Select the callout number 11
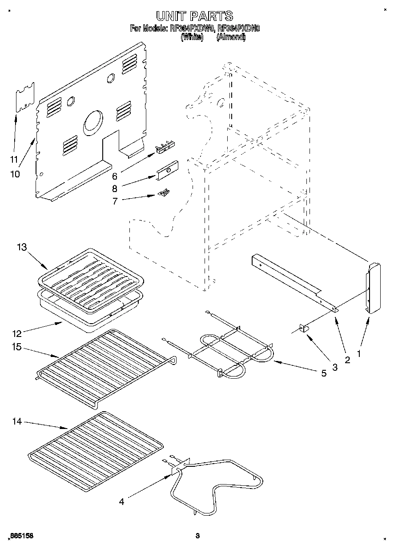coord(14,159)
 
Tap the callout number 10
coord(15,174)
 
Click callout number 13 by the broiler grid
coord(22,247)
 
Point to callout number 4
coord(121,502)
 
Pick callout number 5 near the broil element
coord(323,373)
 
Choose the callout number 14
coord(17,421)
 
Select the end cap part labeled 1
coord(374,288)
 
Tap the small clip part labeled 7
coord(164,192)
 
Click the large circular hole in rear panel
coord(93,122)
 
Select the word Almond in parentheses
coord(230,38)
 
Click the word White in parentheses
coord(192,38)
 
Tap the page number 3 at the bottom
coord(197,537)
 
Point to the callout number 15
coord(17,347)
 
